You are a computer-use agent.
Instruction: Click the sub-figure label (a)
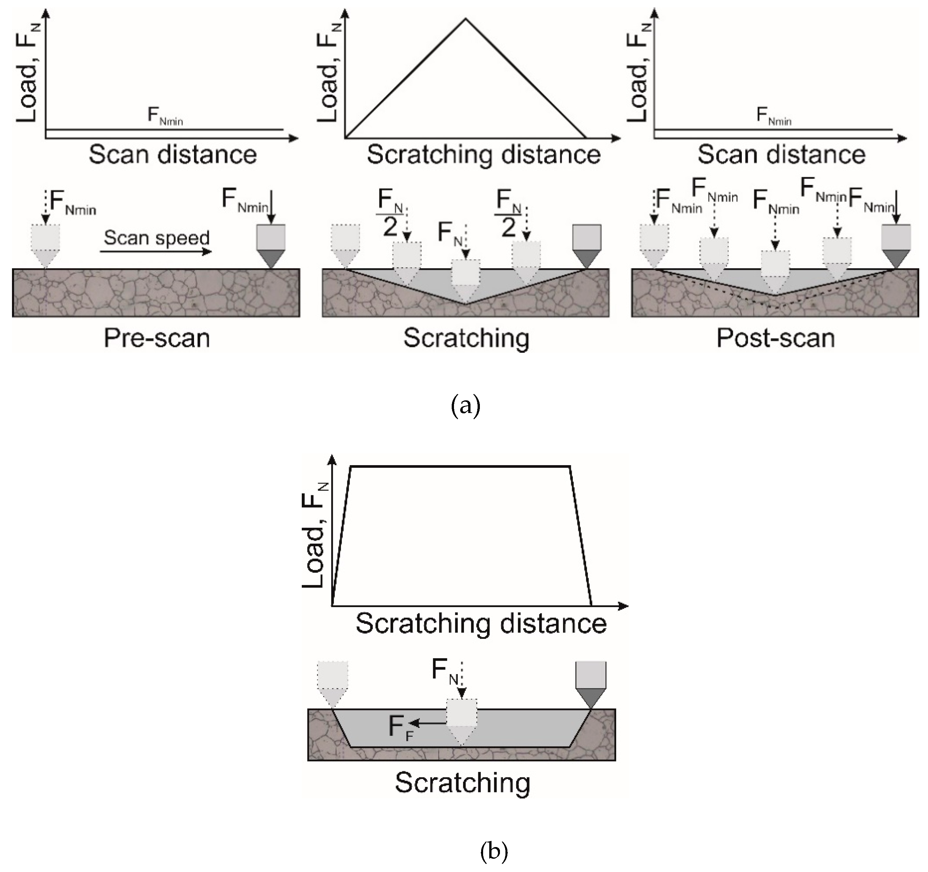[x=465, y=406]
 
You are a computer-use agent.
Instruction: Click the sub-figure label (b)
[x=494, y=851]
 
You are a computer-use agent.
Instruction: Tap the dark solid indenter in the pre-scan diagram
[x=271, y=245]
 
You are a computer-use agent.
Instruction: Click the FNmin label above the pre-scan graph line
[x=165, y=115]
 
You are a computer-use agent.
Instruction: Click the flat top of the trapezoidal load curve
[x=460, y=466]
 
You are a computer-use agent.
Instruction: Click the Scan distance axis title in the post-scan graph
[x=781, y=154]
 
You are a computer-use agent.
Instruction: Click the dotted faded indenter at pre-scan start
[x=45, y=245]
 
